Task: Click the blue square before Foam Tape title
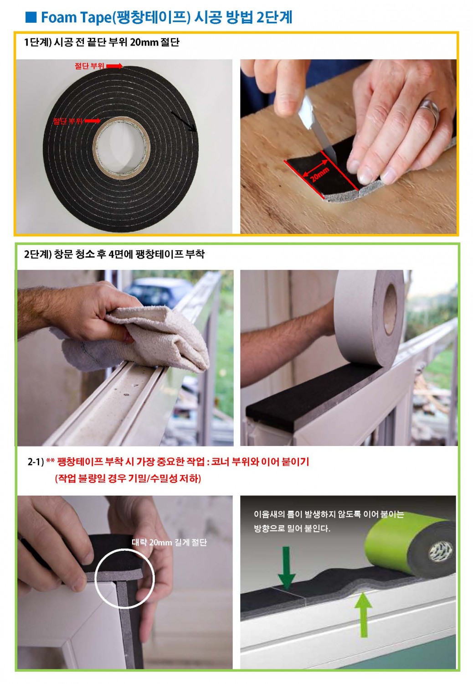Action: point(31,17)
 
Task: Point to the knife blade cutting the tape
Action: point(317,128)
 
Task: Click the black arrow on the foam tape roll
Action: point(184,121)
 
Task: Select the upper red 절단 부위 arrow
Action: point(114,66)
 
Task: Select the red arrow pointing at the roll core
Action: point(92,121)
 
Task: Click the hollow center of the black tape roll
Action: point(121,146)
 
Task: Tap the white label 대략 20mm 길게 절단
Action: point(169,542)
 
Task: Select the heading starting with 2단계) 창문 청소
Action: point(114,254)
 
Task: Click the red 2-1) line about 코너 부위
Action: point(169,461)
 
